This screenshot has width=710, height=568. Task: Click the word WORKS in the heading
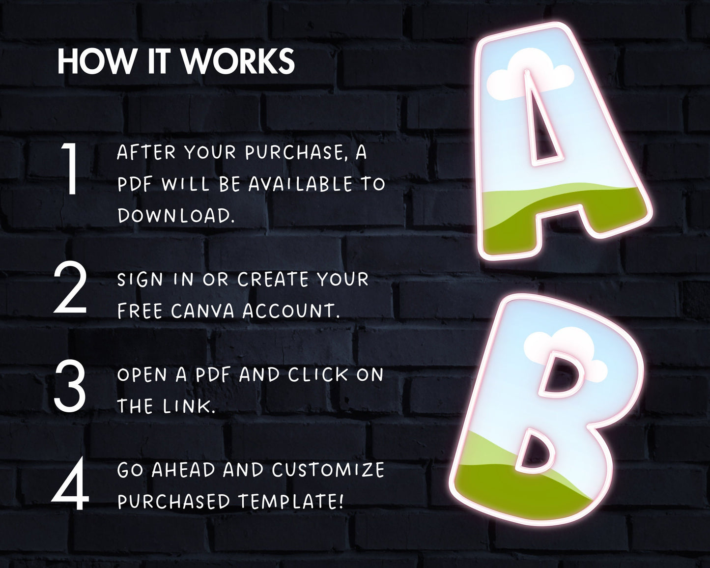click(238, 61)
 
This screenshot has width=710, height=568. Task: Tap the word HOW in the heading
click(96, 61)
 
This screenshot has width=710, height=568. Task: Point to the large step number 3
click(70, 387)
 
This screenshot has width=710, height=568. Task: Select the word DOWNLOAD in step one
click(176, 216)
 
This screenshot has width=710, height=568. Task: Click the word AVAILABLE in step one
click(300, 184)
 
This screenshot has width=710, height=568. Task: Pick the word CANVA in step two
click(202, 311)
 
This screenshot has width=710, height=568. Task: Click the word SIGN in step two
click(140, 280)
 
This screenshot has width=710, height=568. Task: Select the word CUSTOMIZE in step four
click(328, 470)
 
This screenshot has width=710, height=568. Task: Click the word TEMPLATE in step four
click(291, 501)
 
